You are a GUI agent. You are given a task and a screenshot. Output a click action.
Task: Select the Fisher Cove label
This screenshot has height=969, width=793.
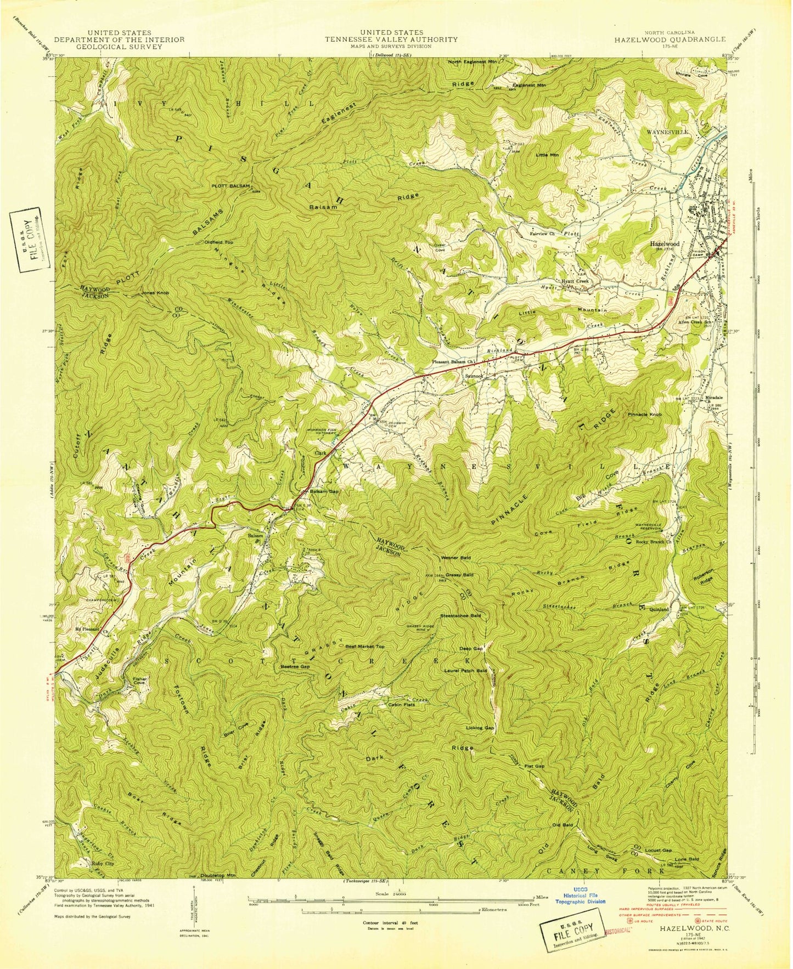139,681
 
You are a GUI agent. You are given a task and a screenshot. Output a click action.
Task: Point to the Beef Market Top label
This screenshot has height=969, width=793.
365,647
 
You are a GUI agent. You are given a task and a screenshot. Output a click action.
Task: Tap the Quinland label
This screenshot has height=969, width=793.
659,609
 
